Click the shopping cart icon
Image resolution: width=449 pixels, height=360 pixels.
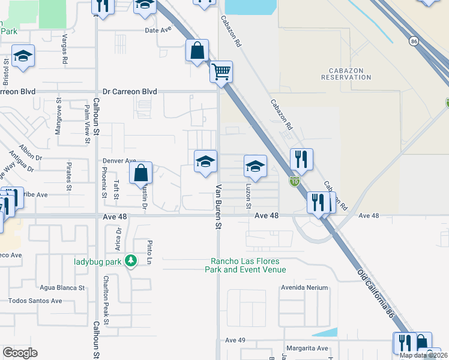coord(221,72)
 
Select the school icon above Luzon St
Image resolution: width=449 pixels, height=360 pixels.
coord(255,166)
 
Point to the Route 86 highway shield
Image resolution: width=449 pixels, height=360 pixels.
coord(413,41)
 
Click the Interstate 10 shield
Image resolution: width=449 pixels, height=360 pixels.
coord(294,181)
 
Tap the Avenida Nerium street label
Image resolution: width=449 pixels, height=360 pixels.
coord(305,287)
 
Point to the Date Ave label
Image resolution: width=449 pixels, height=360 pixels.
coord(158,29)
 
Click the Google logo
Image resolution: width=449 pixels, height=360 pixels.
coord(20,353)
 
